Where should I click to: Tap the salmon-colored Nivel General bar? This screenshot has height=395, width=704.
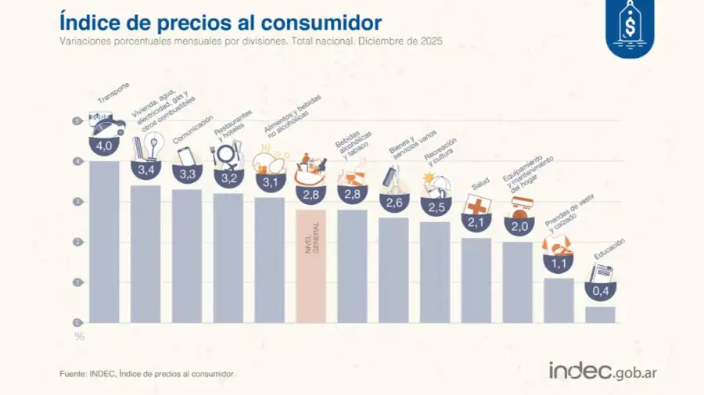pyautogui.click(x=311, y=266)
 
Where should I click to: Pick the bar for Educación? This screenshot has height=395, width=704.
pyautogui.click(x=600, y=314)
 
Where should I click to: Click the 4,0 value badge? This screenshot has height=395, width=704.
pyautogui.click(x=104, y=146)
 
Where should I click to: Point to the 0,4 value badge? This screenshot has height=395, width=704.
pyautogui.click(x=600, y=292)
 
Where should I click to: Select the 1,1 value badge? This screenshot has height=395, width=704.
pyautogui.click(x=559, y=264)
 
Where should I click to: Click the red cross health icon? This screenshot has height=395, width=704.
pyautogui.click(x=476, y=205)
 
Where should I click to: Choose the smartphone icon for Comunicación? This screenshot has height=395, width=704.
pyautogui.click(x=185, y=155)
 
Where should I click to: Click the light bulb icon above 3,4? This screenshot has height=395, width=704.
pyautogui.click(x=156, y=145)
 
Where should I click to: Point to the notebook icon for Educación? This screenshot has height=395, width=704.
pyautogui.click(x=601, y=274)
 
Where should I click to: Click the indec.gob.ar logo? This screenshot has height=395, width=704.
pyautogui.click(x=602, y=371)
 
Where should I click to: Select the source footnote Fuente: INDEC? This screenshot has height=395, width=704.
pyautogui.click(x=147, y=374)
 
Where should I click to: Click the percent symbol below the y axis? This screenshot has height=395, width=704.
pyautogui.click(x=79, y=336)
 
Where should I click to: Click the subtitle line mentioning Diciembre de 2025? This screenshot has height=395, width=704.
pyautogui.click(x=251, y=40)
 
